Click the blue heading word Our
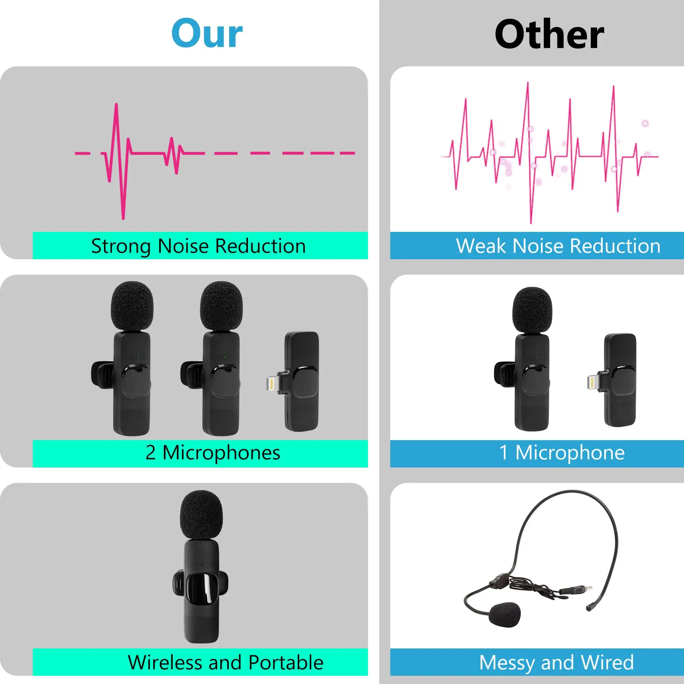207,34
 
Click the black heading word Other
549,34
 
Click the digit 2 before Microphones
150,453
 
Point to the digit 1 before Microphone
503,453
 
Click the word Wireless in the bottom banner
165,662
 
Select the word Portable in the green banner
286,662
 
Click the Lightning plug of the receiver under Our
271,384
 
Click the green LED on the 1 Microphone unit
536,358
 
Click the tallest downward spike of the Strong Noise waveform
123,216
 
